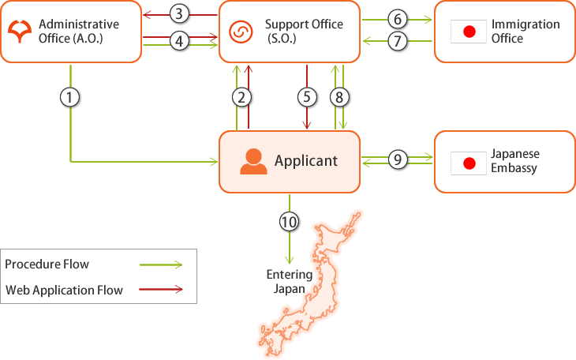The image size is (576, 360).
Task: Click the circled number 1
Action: click(71, 97)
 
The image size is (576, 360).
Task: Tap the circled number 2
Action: click(242, 97)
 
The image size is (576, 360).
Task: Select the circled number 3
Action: click(180, 13)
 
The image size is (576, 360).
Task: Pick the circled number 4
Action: click(180, 41)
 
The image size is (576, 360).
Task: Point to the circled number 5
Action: click(306, 97)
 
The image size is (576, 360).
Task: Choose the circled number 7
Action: click(397, 41)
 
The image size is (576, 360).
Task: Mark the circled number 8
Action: click(340, 97)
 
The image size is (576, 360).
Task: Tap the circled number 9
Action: click(397, 160)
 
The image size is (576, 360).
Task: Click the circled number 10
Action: click(290, 222)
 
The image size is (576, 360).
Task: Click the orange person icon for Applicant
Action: click(253, 161)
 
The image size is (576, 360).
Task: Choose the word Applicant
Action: click(306, 161)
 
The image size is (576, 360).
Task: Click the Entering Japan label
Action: click(289, 282)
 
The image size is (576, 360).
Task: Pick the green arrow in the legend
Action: click(160, 264)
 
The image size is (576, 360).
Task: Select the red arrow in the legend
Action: click(160, 290)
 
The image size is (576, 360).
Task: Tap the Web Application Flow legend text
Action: click(64, 290)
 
